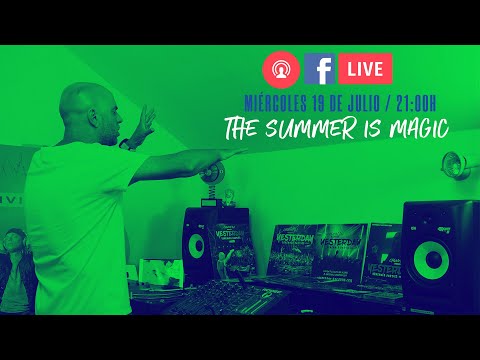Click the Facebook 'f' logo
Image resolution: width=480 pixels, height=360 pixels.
click(x=319, y=69)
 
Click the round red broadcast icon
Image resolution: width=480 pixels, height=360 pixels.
click(x=281, y=69)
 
